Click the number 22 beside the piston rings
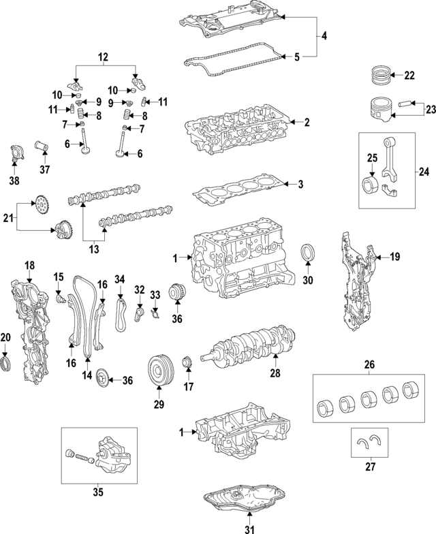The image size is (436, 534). [409, 76]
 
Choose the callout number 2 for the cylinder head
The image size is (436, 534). [307, 123]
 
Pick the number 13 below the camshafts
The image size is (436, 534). [94, 249]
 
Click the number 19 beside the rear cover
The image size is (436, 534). [394, 256]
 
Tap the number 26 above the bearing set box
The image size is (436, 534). [369, 364]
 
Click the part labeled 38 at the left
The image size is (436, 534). [14, 156]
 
